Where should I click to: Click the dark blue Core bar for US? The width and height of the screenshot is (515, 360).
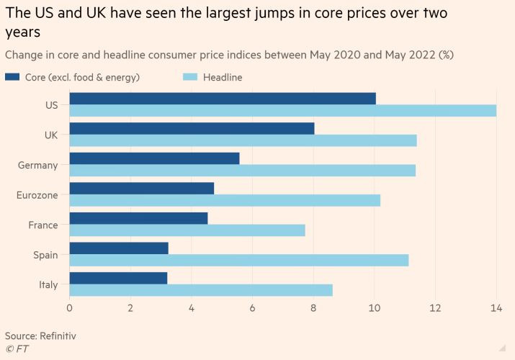pos(223,98)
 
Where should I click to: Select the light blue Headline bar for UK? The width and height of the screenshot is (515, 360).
pos(243,140)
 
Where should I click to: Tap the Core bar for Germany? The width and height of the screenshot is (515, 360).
pos(154,158)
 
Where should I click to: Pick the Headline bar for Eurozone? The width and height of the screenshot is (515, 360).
pos(225,200)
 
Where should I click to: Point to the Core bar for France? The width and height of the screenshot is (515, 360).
pos(138,218)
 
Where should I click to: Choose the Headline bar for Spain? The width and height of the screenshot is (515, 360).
pos(238,260)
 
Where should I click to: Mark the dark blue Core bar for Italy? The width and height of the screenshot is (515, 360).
pos(118,278)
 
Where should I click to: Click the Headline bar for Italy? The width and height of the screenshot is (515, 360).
pos(201,290)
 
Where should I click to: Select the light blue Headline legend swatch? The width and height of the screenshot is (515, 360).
pos(188,77)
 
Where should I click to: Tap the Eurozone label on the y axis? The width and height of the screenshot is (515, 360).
pos(37,194)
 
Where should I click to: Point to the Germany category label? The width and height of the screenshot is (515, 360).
pos(37,165)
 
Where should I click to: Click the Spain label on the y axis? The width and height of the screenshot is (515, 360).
pos(45,255)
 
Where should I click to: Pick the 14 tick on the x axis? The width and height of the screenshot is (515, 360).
pos(496,308)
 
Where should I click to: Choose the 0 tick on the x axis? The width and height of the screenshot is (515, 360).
pos(70,308)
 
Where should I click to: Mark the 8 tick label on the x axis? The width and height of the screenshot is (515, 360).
pos(313,308)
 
